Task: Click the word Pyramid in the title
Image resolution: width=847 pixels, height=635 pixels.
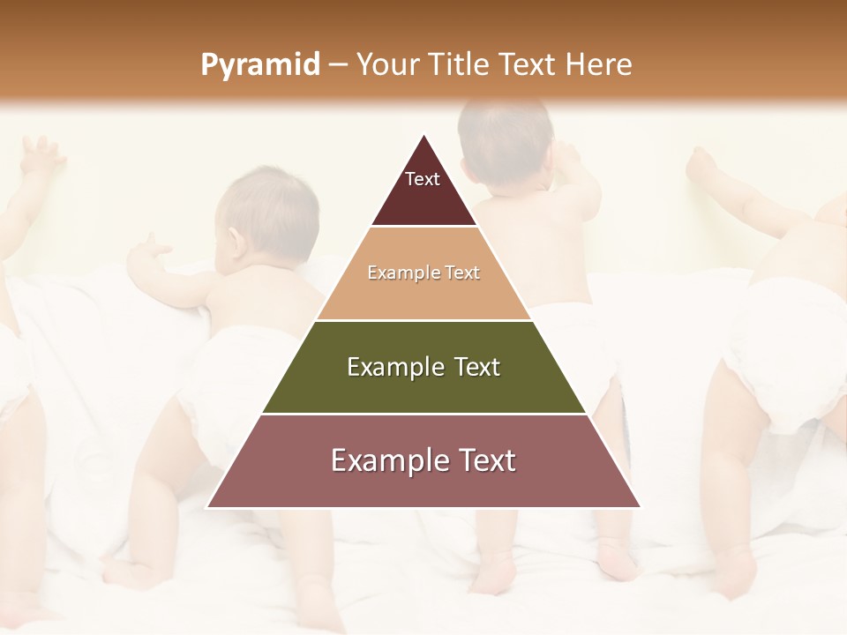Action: pos(259,65)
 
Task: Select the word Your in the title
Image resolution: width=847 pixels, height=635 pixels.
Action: pos(387,65)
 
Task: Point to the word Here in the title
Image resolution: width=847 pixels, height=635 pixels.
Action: pos(598,65)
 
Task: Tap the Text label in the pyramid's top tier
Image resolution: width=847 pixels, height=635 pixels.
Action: pos(423,179)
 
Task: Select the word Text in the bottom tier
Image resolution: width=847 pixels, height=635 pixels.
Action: pos(481,460)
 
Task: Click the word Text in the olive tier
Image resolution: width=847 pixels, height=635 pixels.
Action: pos(477,367)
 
